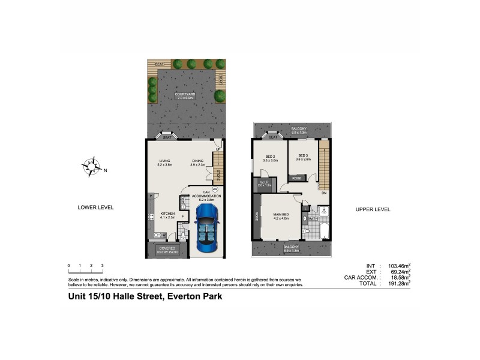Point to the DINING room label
point(198,161)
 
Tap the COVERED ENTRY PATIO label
point(167,250)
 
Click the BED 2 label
point(269,157)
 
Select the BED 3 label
point(302,157)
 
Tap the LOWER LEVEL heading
point(96,208)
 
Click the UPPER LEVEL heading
point(374,209)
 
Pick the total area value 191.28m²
point(398,283)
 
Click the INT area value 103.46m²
point(398,265)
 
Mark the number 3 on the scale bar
point(103,265)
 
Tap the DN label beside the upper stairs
point(323,193)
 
